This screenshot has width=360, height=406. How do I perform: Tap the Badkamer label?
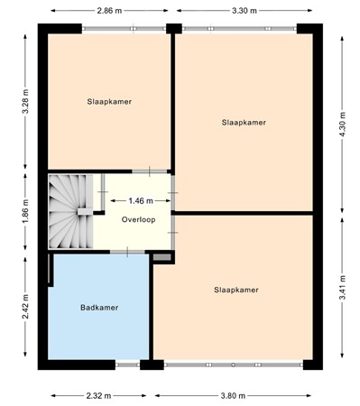(x=99, y=308)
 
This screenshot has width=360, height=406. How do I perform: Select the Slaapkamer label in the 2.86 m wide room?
(x=110, y=102)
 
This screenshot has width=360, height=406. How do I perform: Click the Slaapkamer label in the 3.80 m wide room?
(x=236, y=290)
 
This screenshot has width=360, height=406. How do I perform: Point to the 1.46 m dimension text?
(x=142, y=200)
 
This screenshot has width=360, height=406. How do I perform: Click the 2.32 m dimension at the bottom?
(x=100, y=395)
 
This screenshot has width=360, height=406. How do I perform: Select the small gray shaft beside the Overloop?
(x=162, y=258)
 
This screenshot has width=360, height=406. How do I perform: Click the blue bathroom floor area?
(x=99, y=334)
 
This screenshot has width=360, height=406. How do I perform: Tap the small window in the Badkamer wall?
(x=127, y=364)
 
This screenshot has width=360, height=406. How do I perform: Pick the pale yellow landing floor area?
(x=135, y=235)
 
